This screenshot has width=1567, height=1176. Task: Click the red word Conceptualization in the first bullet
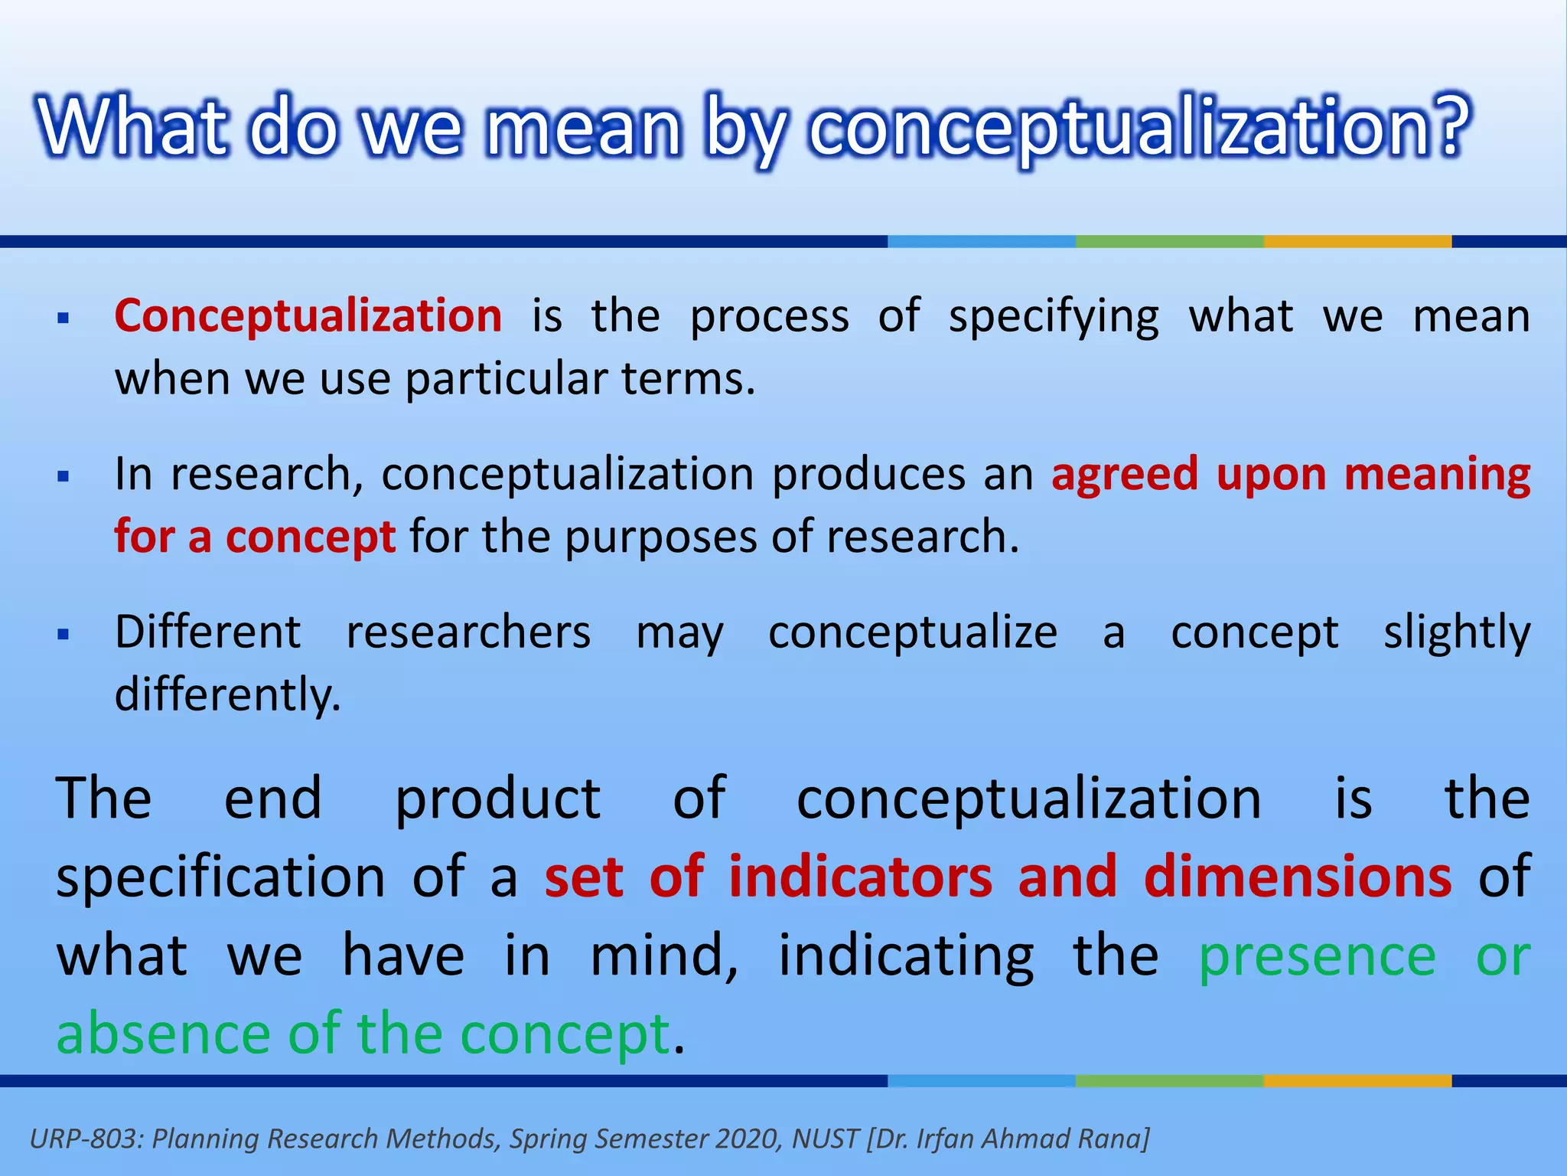(308, 316)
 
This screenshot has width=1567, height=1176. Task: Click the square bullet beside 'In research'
(64, 477)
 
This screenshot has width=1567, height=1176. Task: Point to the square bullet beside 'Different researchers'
(64, 635)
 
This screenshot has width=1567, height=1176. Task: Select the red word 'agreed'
(1124, 475)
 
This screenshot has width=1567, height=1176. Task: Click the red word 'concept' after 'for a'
(310, 538)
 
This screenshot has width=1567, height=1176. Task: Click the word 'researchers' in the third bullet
(468, 633)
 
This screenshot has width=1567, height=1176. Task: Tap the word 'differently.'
(227, 695)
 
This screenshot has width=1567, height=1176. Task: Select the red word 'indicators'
(860, 877)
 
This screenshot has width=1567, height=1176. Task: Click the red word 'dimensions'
(1297, 877)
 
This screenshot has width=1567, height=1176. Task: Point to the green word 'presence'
(1316, 957)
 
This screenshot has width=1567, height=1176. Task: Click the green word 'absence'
(163, 1034)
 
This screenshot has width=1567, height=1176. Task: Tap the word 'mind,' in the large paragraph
(664, 955)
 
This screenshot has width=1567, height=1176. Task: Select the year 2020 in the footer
(749, 1138)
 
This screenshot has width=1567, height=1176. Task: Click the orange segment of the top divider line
(1357, 241)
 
